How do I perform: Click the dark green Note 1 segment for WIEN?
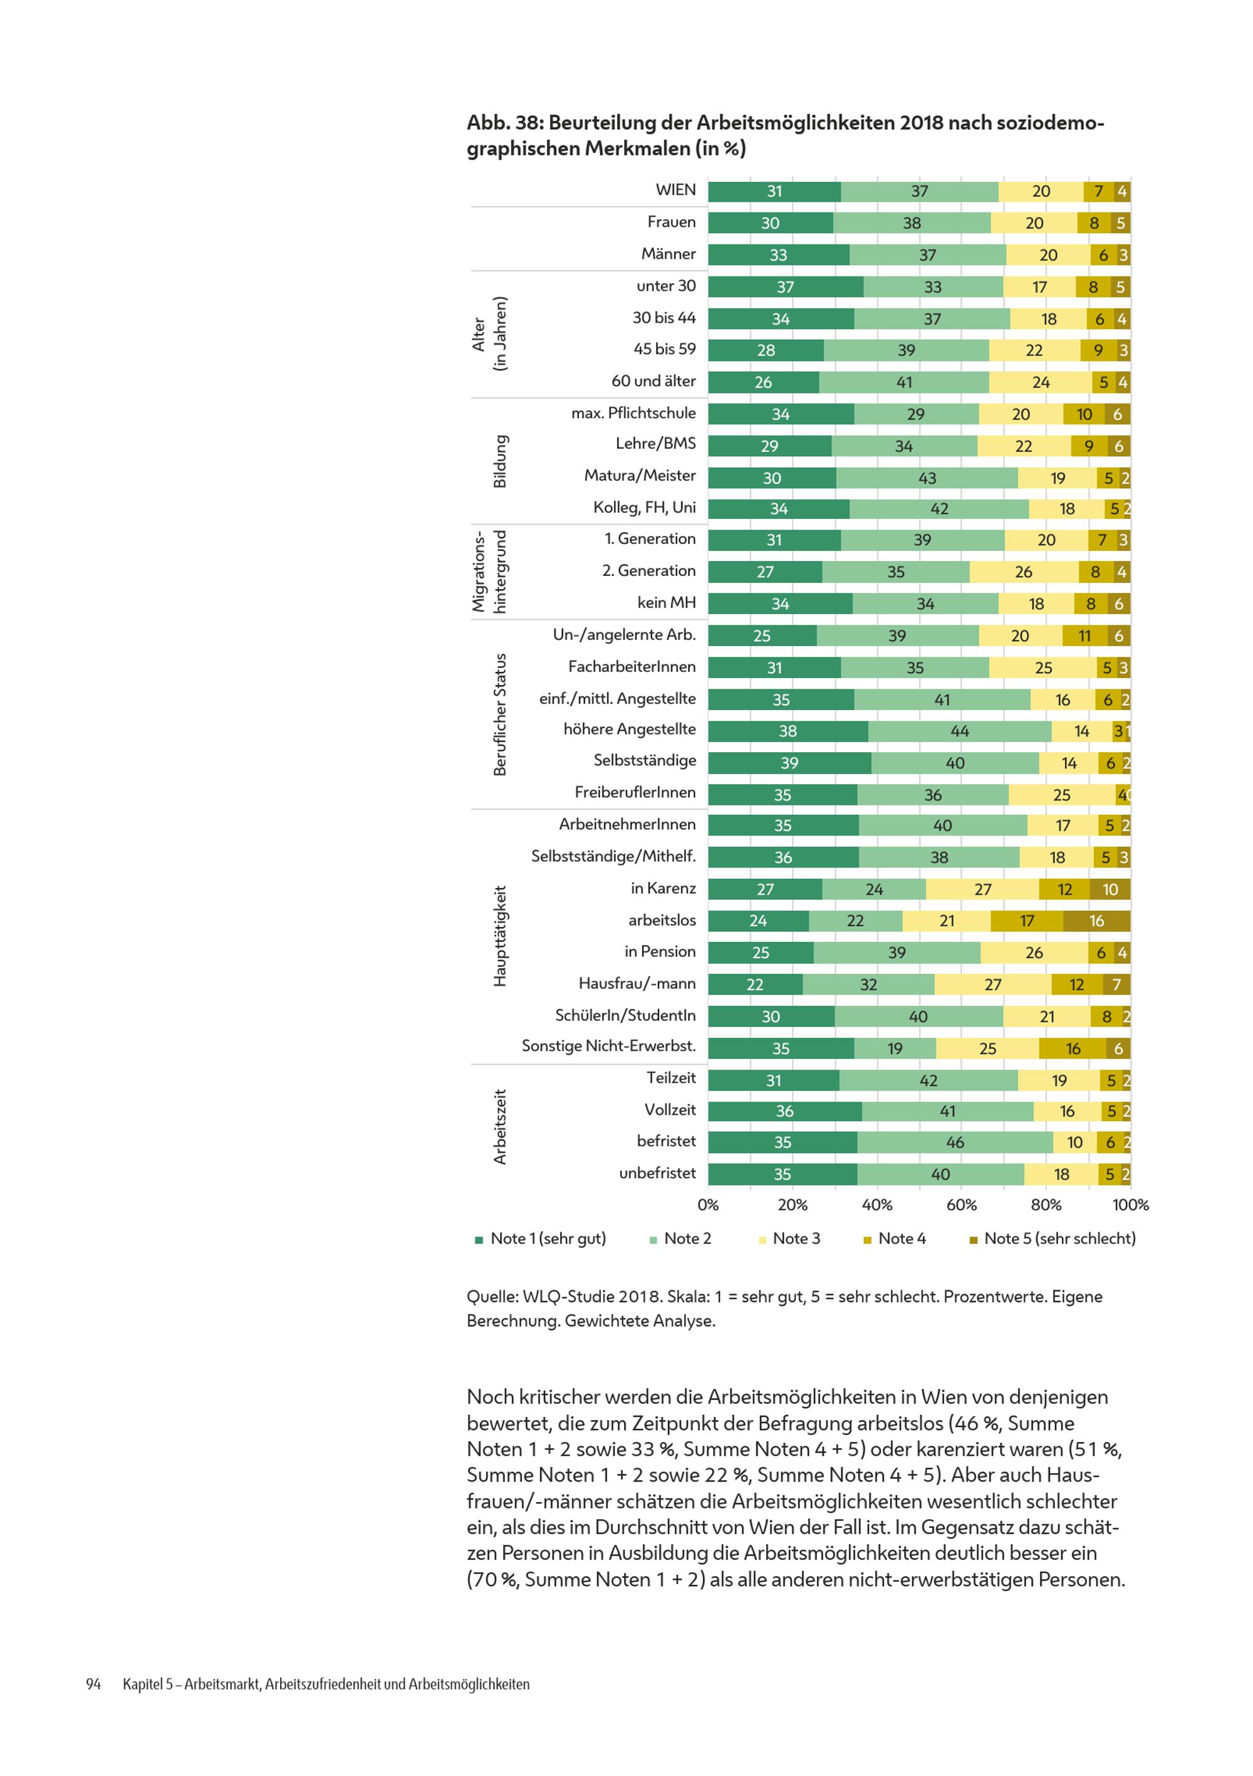(774, 191)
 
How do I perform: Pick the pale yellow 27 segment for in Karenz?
(982, 889)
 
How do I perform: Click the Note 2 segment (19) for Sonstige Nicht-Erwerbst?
(895, 1048)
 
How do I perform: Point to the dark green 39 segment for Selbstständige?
(789, 763)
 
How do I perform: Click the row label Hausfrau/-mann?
(637, 983)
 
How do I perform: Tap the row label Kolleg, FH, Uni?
(644, 508)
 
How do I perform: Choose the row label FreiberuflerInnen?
(635, 792)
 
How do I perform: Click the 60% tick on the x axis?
(962, 1204)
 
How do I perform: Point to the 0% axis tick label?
(708, 1204)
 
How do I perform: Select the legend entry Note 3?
(789, 1238)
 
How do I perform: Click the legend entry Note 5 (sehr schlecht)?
(1053, 1238)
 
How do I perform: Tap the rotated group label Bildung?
(500, 461)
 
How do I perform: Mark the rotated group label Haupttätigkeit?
(500, 936)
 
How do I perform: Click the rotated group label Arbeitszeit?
(500, 1126)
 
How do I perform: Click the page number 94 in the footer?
(93, 1684)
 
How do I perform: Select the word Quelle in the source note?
(491, 1297)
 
